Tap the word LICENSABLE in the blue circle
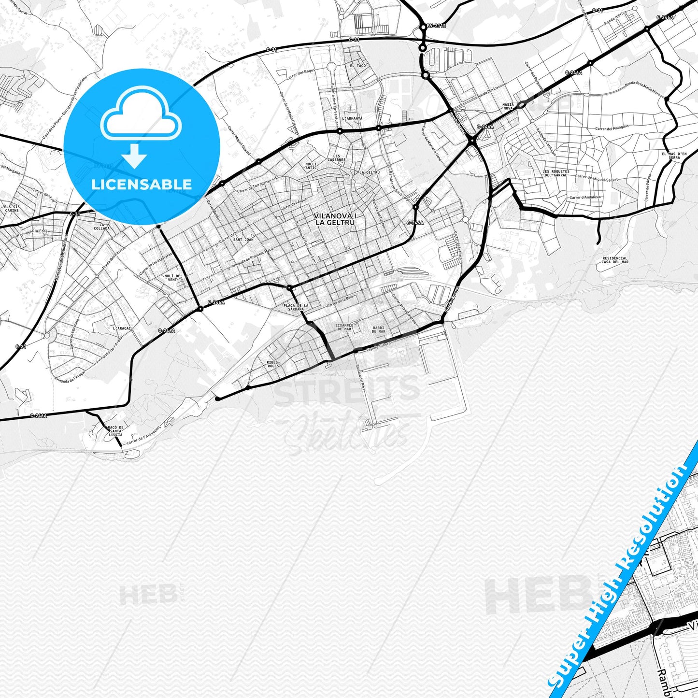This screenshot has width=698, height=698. [142, 184]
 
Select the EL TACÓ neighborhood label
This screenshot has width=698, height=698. [358, 65]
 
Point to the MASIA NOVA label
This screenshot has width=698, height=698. [508, 106]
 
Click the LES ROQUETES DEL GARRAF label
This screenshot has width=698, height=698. [556, 173]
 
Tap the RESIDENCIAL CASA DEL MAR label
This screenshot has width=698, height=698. [615, 260]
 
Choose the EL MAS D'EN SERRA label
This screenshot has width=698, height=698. [674, 156]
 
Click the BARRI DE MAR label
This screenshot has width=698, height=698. [378, 329]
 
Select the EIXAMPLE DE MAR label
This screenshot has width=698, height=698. [345, 327]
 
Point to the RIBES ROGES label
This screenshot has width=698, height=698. [273, 364]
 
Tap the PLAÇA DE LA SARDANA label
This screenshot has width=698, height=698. [296, 307]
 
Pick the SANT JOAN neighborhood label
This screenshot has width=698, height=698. [243, 240]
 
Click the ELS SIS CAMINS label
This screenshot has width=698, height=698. [12, 208]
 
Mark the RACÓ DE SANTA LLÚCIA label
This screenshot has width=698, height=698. [115, 431]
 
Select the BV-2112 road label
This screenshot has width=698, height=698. [436, 26]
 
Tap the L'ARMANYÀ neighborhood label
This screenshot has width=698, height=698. [352, 118]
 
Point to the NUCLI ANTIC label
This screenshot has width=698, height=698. [311, 166]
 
